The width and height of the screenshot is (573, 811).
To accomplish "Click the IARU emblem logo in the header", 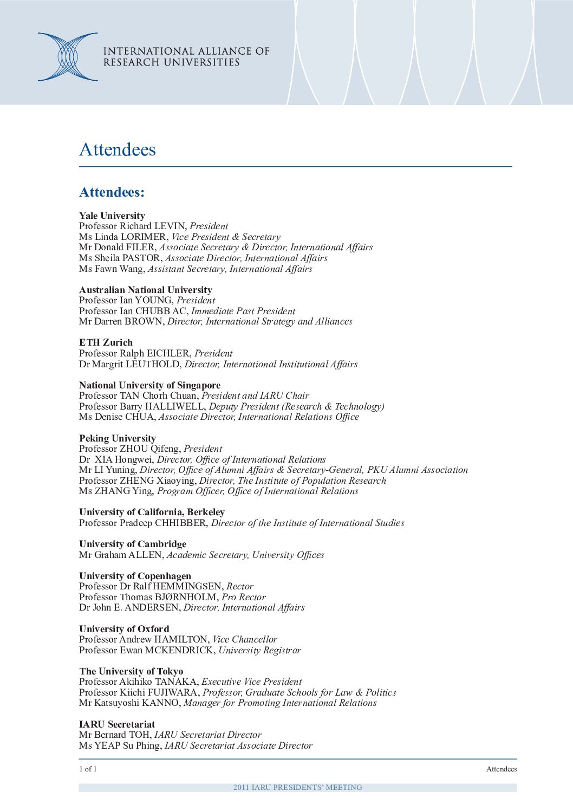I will tap(67, 57).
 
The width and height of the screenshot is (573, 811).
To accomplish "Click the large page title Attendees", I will tap(118, 150).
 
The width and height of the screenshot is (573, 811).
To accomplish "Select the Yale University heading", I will tap(112, 216).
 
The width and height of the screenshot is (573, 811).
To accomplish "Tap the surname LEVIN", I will tap(171, 226).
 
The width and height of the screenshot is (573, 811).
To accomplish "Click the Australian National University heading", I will tap(146, 290).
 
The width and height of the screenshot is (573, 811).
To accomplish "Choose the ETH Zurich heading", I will tap(106, 342).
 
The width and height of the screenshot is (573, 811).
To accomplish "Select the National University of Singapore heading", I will tap(150, 385).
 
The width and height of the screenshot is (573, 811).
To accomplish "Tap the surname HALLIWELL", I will tap(174, 406).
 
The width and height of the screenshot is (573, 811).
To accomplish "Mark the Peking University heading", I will tap(118, 438).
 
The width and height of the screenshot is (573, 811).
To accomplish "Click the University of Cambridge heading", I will tap(133, 544).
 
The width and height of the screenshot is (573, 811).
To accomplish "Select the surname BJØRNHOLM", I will tap(187, 597).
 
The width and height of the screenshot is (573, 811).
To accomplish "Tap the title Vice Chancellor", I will tap(245, 639).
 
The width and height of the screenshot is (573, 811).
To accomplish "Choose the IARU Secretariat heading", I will tap(117, 724).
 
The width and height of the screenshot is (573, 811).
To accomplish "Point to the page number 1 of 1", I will tap(88, 769).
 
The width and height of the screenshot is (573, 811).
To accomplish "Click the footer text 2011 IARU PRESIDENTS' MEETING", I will tap(297, 787).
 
